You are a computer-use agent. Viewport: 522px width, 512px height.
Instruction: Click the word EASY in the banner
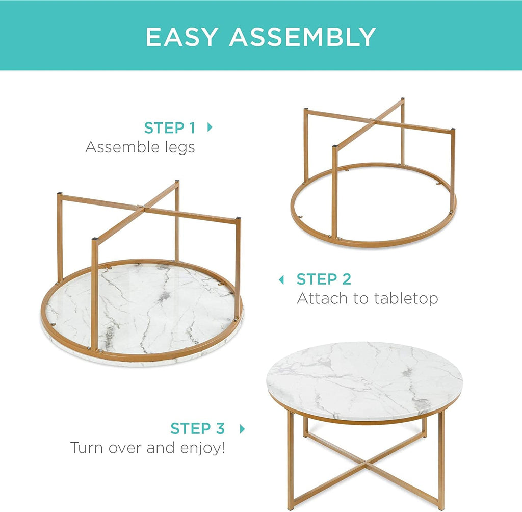pyautogui.click(x=182, y=37)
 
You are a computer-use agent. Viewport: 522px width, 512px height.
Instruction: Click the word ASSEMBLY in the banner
pyautogui.click(x=303, y=37)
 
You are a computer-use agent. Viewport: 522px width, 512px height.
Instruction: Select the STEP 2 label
pyautogui.click(x=324, y=279)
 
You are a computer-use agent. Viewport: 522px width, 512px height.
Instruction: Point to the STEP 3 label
pyautogui.click(x=197, y=428)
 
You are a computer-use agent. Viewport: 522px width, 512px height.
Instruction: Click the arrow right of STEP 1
pyautogui.click(x=210, y=127)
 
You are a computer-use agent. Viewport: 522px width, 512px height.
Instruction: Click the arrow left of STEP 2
pyautogui.click(x=281, y=279)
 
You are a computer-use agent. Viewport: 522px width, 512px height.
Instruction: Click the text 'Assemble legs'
pyautogui.click(x=140, y=147)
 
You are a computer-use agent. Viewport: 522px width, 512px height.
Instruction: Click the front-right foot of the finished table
pyautogui.click(x=440, y=506)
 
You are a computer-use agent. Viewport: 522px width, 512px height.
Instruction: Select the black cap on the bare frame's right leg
pyautogui.click(x=452, y=131)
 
